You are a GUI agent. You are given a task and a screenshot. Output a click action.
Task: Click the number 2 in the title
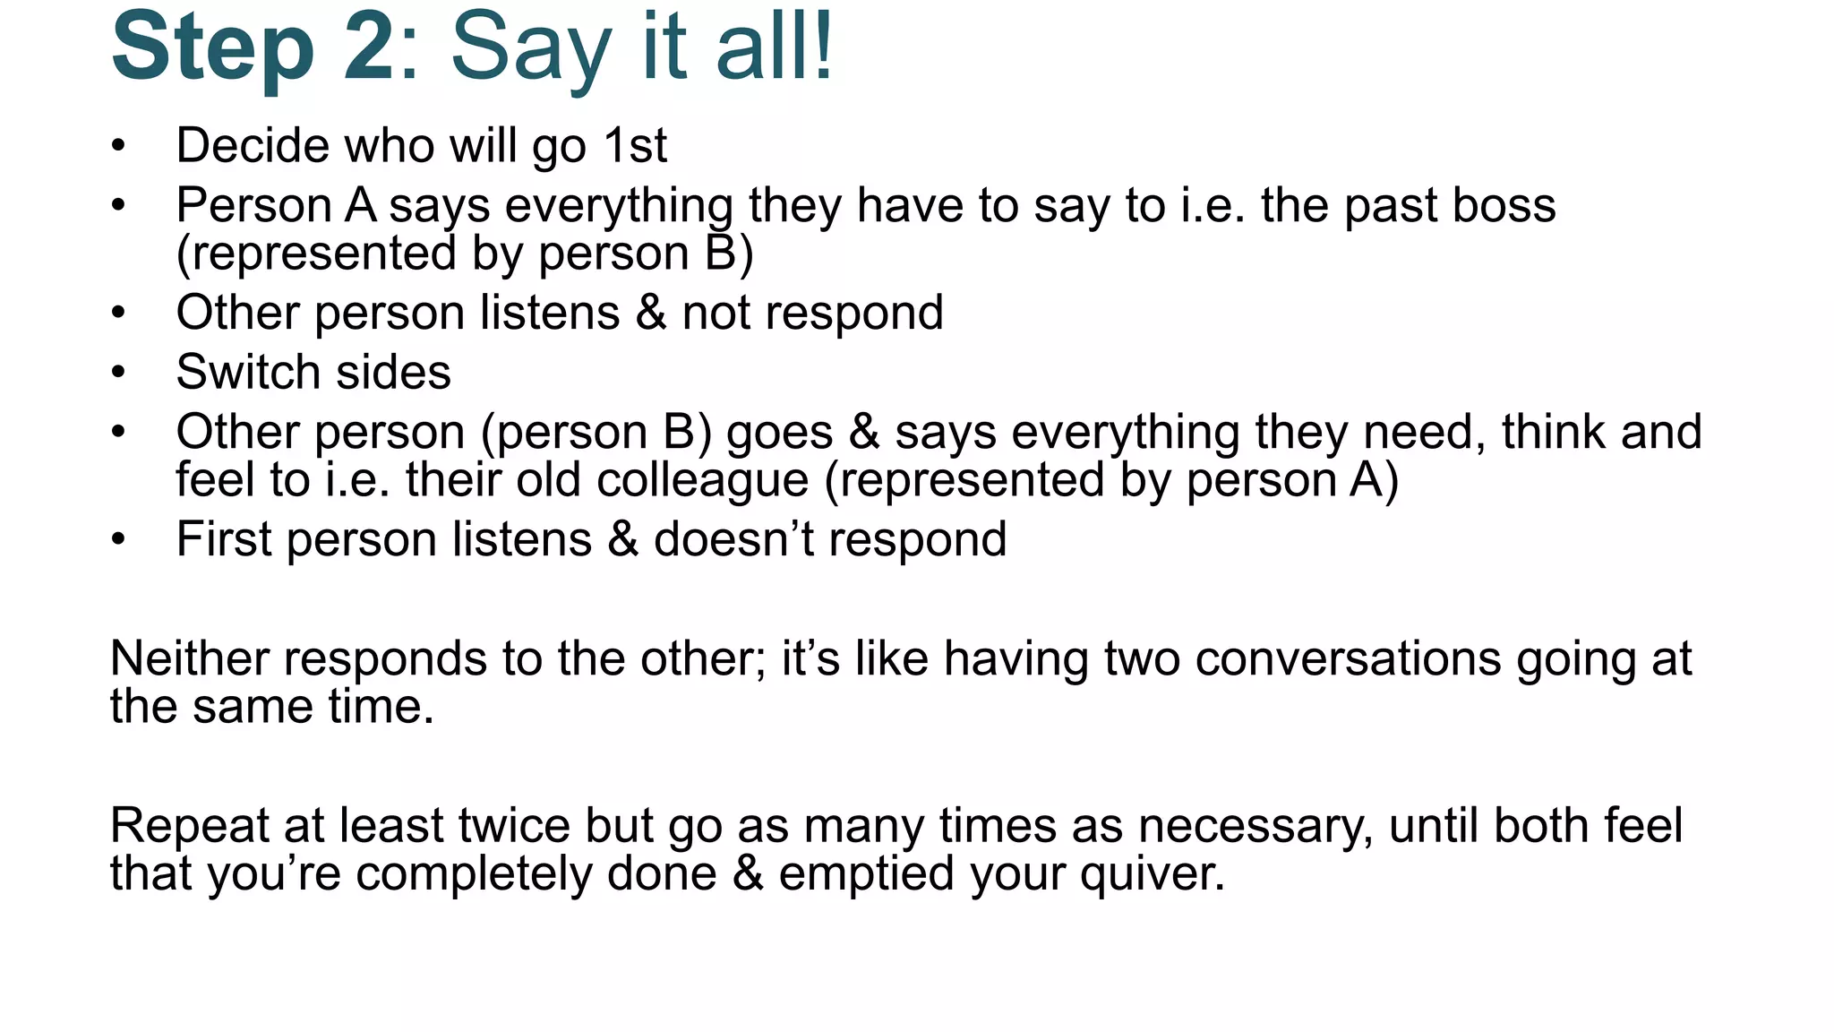coord(368,47)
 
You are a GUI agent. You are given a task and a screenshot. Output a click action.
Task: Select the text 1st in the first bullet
coord(635,145)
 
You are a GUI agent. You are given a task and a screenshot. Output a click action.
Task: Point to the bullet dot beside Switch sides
coord(118,372)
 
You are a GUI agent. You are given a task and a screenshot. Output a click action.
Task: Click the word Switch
coord(248,372)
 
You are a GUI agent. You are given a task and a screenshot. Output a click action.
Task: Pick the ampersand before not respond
coord(651,313)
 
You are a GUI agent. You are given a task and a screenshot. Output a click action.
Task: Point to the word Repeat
coord(189,825)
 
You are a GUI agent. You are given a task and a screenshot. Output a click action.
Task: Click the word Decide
coord(253,145)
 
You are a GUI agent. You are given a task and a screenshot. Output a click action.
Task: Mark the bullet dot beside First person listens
coord(118,539)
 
